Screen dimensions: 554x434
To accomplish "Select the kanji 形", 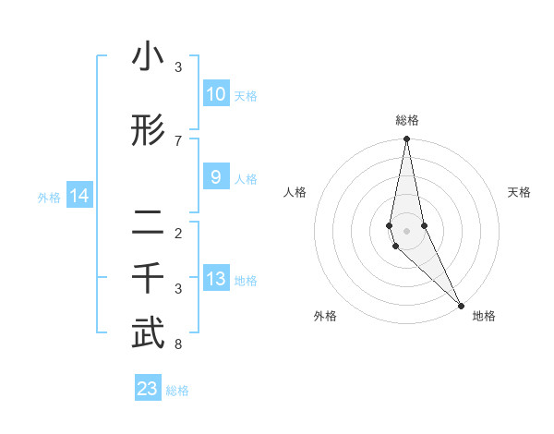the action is (x=148, y=132).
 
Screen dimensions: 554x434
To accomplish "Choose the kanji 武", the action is (x=148, y=334).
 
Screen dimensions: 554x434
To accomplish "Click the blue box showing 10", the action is (x=215, y=93).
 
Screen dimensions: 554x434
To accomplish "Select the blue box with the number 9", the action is (x=215, y=177).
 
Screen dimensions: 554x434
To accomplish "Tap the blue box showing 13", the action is (x=215, y=279).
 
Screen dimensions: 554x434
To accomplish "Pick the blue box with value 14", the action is (x=79, y=196).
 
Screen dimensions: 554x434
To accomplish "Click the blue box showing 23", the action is (x=148, y=389).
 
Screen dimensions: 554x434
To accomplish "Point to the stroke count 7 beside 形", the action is (x=178, y=140).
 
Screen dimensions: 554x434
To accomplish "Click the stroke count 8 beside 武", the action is (x=178, y=345).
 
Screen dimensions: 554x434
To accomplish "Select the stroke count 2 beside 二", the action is (x=178, y=233).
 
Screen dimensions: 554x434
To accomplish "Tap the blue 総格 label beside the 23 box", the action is (x=177, y=391).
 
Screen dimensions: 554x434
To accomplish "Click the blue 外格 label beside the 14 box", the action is (x=49, y=197).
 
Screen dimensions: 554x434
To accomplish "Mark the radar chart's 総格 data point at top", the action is (x=406, y=139).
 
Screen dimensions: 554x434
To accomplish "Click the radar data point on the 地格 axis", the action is (x=460, y=304).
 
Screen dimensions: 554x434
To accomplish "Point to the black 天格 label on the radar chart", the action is (x=519, y=192).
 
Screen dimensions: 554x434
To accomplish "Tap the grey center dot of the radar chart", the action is (x=406, y=230).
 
